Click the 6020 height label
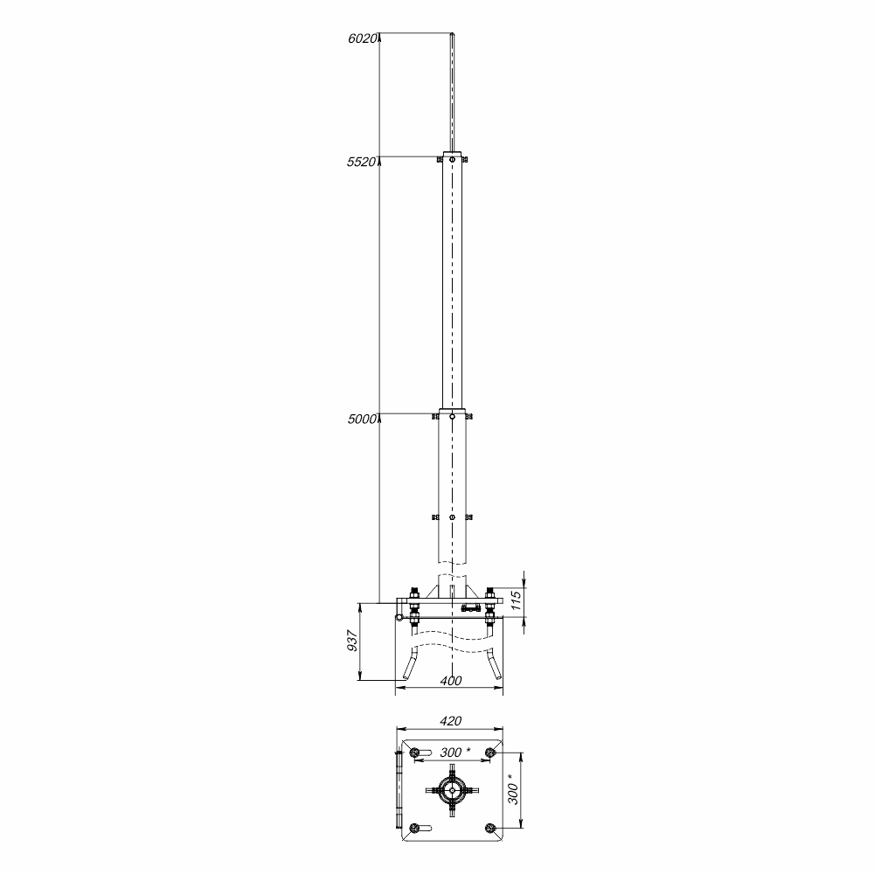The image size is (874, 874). click(x=363, y=38)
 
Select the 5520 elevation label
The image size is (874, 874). click(x=362, y=163)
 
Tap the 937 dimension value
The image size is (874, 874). click(x=351, y=641)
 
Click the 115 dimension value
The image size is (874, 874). click(x=517, y=600)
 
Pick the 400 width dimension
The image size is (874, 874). click(x=451, y=681)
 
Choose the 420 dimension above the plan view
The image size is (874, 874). click(x=451, y=721)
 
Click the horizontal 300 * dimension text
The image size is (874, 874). click(x=455, y=753)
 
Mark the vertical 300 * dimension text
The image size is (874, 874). click(x=514, y=788)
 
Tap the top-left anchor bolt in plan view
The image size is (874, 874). click(x=413, y=753)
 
